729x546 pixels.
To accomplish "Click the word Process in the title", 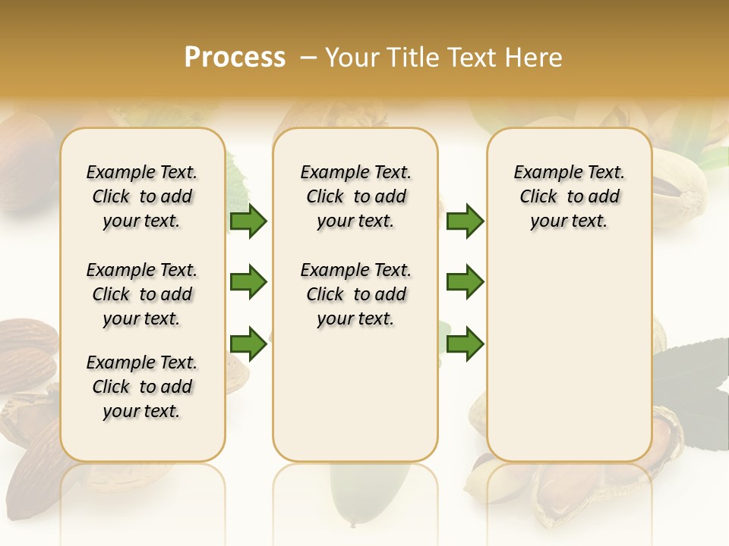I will tap(235, 58).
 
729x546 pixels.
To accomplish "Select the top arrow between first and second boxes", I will tap(248, 221).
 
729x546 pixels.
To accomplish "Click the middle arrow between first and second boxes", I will tap(248, 282).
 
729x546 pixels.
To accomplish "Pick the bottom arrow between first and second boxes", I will tap(248, 344).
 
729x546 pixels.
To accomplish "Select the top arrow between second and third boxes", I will tap(465, 221).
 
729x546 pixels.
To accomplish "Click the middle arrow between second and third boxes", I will tap(465, 282).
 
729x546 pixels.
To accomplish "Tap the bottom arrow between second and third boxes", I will tap(465, 344).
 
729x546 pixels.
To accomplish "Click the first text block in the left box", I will tap(142, 196).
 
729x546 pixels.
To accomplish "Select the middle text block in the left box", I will tap(142, 294).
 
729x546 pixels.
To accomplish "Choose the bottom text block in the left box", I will tap(142, 387).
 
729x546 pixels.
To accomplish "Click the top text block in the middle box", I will tap(355, 196).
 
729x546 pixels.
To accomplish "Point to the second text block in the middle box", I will tap(355, 294).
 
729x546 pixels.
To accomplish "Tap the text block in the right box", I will tap(570, 196).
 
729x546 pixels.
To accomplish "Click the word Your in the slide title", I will tap(352, 58).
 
